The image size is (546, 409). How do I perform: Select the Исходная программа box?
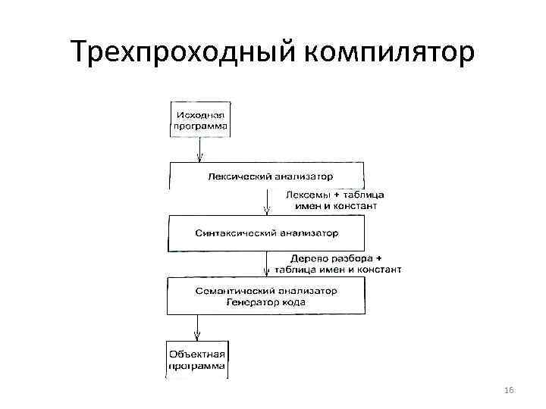[200, 118]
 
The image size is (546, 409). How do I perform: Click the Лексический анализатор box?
[265, 176]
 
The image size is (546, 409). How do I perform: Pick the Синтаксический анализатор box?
[265, 233]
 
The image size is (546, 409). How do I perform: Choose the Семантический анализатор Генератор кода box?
[265, 296]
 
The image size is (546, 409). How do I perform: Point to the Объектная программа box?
[197, 361]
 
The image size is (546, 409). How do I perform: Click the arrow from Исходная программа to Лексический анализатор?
[199, 149]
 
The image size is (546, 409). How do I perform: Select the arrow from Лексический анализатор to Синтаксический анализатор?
[267, 202]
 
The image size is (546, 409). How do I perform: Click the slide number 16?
[509, 390]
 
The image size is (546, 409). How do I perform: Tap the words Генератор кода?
[265, 302]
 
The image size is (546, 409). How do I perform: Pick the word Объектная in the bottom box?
[197, 354]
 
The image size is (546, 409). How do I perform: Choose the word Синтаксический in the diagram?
[231, 233]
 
